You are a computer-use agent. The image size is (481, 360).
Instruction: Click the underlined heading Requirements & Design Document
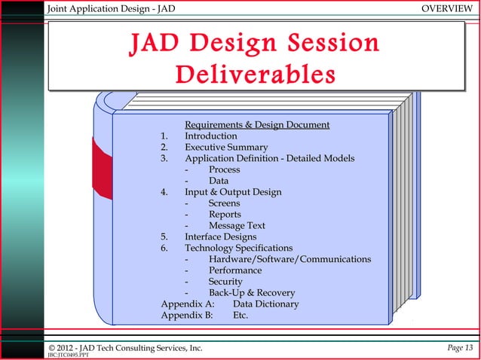[x=257, y=124]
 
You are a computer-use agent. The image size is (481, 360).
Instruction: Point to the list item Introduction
[x=211, y=136]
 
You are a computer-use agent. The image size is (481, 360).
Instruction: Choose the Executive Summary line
[x=226, y=147]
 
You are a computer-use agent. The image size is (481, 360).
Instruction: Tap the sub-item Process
[x=224, y=169]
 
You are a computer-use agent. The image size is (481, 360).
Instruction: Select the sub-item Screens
[x=224, y=203]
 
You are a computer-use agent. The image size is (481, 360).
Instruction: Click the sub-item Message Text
[x=237, y=225]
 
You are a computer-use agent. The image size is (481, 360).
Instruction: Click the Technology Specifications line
[x=239, y=248]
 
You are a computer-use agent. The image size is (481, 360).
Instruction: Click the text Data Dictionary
[x=265, y=304]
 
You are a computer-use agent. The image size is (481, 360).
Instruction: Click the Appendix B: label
[x=187, y=316]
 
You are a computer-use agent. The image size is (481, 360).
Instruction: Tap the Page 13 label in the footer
[x=458, y=347]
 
